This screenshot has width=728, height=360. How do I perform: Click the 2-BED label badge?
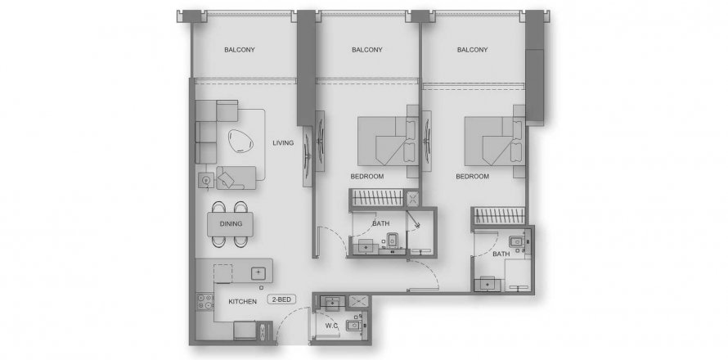click(282, 299)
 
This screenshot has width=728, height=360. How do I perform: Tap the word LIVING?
click(283, 143)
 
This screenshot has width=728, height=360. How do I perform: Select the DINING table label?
click(231, 224)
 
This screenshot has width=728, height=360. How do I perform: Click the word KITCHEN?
click(242, 302)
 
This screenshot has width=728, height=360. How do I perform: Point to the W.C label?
click(331, 326)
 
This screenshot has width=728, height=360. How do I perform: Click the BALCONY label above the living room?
click(240, 50)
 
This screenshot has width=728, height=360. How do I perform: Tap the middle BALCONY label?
click(367, 50)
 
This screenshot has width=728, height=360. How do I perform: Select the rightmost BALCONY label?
click(472, 50)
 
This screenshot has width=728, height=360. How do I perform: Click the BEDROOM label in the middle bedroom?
click(366, 177)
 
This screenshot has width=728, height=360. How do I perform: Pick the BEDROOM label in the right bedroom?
click(472, 177)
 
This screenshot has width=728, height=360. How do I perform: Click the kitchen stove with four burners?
click(204, 301)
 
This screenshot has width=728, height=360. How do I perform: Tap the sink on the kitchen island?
click(258, 273)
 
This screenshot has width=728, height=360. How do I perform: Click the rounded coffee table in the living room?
click(241, 142)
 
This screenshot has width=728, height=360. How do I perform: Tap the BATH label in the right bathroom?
click(501, 254)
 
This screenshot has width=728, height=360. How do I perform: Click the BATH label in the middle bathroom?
click(380, 224)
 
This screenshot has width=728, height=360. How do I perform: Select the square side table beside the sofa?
click(206, 180)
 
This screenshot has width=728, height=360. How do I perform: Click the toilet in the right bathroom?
click(516, 242)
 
